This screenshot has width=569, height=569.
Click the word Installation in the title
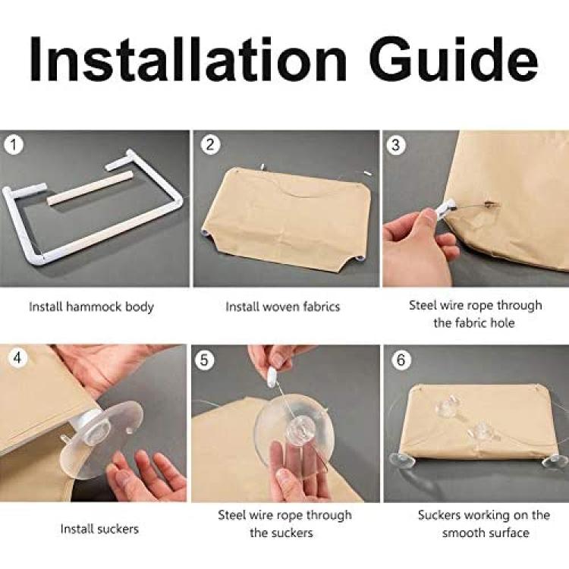[x=188, y=58]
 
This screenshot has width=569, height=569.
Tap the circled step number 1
[x=14, y=146]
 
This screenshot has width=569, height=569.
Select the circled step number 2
[x=210, y=145]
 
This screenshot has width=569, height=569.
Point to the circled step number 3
[x=395, y=145]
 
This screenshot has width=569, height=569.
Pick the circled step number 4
[x=17, y=358]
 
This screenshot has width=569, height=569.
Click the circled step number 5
[x=204, y=360]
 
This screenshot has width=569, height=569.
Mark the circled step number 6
[x=401, y=360]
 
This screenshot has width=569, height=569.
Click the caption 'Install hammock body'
[x=92, y=307]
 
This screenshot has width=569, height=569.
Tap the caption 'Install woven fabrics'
[x=283, y=307]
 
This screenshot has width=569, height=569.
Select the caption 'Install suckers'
[x=99, y=529]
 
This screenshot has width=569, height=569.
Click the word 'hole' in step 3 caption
[x=502, y=322]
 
